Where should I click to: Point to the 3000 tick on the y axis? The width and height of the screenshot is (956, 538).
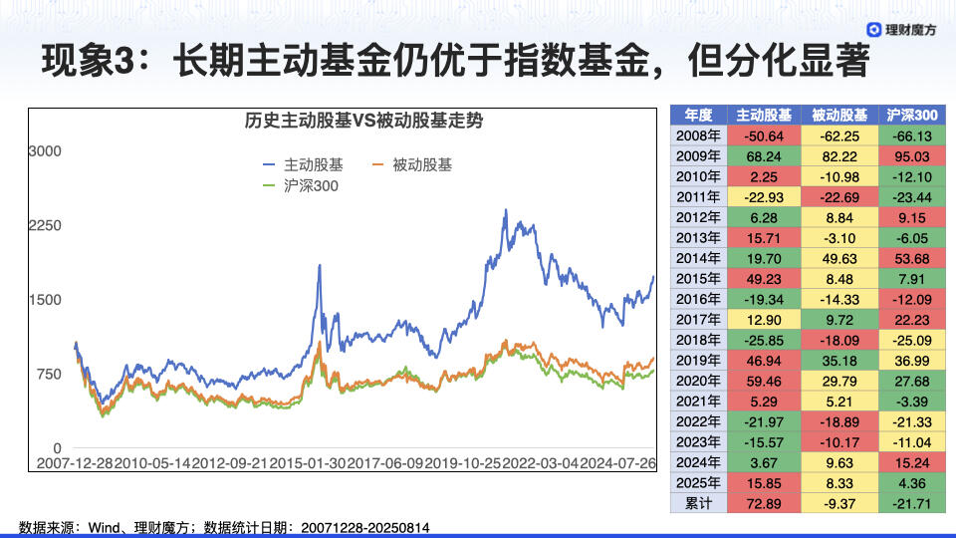pos(45,151)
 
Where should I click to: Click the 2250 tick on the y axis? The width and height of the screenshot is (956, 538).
pos(45,226)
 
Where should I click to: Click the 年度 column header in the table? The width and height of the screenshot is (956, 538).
pos(698,114)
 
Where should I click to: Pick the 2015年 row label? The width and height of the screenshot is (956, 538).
pos(698,279)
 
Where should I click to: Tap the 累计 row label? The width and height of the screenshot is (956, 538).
pos(698,503)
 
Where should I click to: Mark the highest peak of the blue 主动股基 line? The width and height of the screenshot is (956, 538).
pos(506,210)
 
